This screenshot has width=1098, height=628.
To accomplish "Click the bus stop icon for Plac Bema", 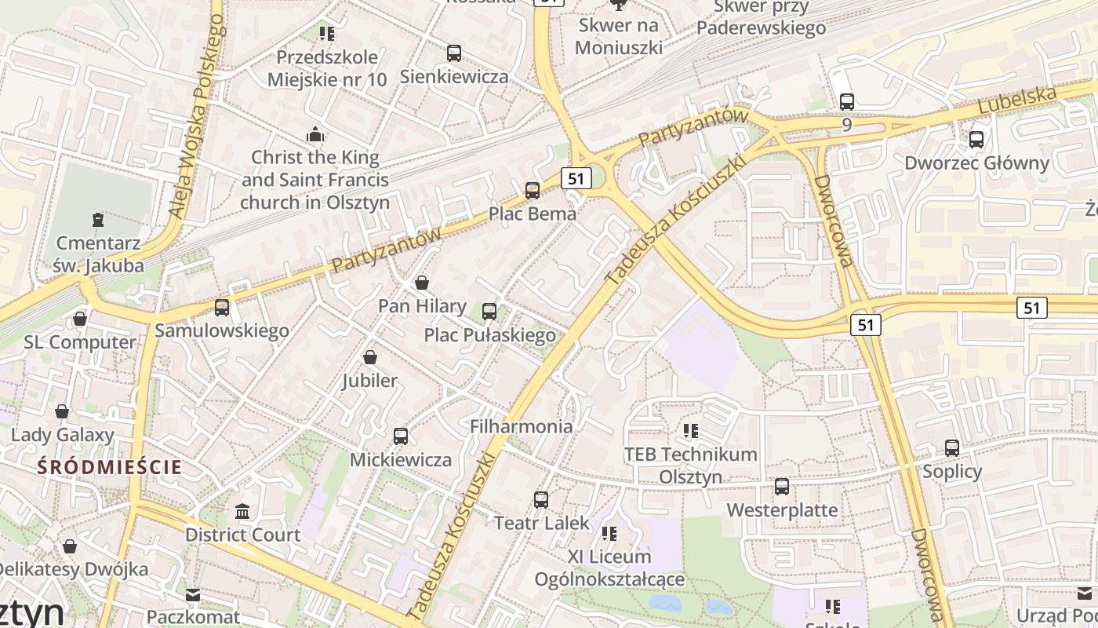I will pos(533,190).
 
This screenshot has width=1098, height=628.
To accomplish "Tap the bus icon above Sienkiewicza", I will pos(454,53).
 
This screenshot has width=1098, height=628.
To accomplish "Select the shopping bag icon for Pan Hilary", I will pos(422,283).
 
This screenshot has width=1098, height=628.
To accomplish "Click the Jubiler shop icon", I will pos(370,357).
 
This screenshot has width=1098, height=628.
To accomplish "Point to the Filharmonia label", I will pos(521,426).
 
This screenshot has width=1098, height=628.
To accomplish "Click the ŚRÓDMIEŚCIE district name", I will pos(110,468).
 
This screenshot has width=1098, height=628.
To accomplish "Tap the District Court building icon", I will pos(242,512).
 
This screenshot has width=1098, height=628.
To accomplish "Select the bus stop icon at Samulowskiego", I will pos(222,308).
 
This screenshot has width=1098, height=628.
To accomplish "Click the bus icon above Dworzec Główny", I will pos(976,140).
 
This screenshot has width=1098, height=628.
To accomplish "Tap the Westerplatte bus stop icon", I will pos(782,487).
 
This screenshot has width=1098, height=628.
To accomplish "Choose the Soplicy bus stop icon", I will pos(952,448).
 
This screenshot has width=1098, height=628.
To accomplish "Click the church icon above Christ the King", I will pos(315,133).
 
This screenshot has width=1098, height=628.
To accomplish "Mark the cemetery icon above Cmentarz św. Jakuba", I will pos(98,219).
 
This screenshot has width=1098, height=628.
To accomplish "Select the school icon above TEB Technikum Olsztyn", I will pos(691,430).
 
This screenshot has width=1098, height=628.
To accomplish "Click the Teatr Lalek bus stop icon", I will pos(541,499).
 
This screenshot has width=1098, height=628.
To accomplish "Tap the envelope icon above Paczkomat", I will pos(193,595).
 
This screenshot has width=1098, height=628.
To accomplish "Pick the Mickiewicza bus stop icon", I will pos(401,436).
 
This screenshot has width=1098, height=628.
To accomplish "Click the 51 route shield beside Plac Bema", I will pos(576,178).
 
